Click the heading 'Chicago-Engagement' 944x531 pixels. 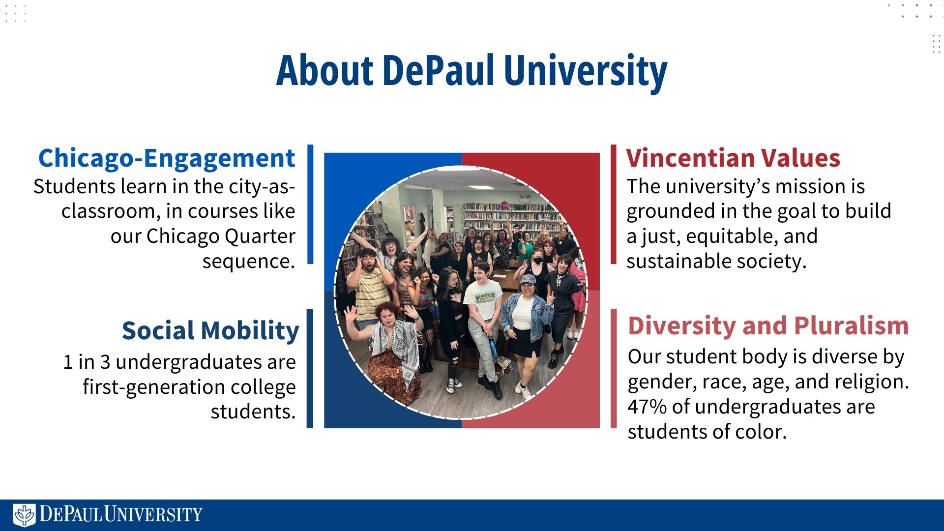tap(167, 158)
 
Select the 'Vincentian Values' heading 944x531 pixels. tap(733, 158)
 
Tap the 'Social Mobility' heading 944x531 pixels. tap(210, 330)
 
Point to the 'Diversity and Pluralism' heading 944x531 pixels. tap(768, 326)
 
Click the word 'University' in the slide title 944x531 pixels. tap(586, 72)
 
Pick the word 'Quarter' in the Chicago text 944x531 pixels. tap(260, 236)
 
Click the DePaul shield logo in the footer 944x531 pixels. tap(24, 515)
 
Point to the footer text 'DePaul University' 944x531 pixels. tap(121, 514)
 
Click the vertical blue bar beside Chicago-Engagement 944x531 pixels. tap(310, 204)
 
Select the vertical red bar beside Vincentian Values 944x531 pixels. tap(614, 204)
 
